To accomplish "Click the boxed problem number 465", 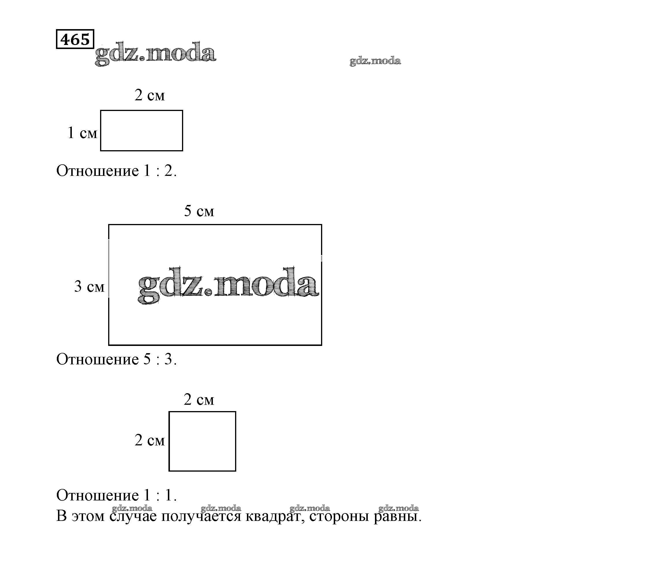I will (75, 39).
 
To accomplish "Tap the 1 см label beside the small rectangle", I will (82, 133).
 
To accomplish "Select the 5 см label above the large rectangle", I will (199, 211).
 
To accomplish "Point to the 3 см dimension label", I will (89, 286).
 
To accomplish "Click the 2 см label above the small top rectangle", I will (150, 95).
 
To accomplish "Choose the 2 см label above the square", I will (199, 400).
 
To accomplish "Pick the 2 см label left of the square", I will (150, 440).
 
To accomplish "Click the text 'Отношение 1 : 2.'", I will (116, 171).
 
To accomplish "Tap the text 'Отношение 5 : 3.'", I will (116, 359).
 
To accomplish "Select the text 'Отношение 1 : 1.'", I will (116, 496).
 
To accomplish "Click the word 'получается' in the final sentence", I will (201, 516).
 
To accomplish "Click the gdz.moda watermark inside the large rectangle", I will (228, 285).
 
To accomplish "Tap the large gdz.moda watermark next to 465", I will (155, 53).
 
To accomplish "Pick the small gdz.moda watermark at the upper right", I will (375, 61).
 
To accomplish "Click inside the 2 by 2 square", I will (202, 441).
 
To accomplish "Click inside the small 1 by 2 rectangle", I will (141, 130).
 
